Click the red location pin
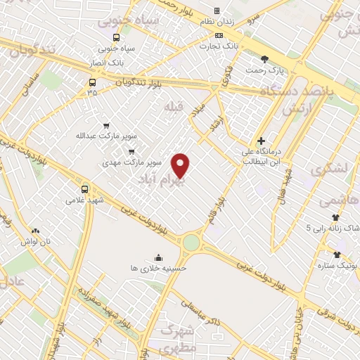tap(181, 165)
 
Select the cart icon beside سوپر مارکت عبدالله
tap(105, 124)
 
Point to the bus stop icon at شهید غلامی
tap(85, 189)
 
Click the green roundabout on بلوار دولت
tap(191, 243)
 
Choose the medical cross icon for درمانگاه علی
tap(261, 141)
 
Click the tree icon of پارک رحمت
tap(264, 59)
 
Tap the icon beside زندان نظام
tap(217, 11)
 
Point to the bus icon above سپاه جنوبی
tap(116, 38)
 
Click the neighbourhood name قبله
tap(173, 106)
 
